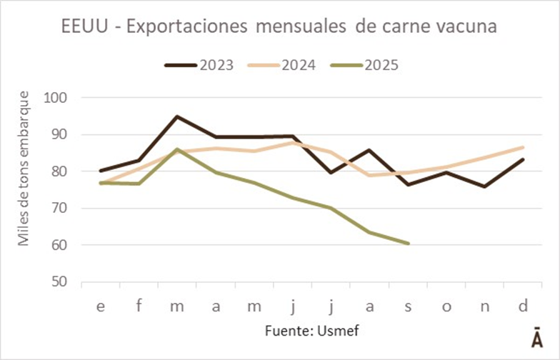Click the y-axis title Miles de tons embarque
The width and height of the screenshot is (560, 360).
tap(24, 169)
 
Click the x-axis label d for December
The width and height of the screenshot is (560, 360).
tap(523, 306)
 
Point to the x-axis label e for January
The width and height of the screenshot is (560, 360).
tap(101, 306)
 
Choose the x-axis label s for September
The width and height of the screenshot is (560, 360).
tap(408, 306)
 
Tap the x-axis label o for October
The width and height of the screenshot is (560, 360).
tap(446, 306)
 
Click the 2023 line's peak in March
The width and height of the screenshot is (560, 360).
tap(177, 116)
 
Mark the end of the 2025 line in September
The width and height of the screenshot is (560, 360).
tap(408, 244)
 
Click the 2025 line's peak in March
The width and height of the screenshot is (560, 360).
tap(177, 149)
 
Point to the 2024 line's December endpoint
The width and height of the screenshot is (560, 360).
tap(523, 147)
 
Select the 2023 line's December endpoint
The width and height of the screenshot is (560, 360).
tap(523, 159)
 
